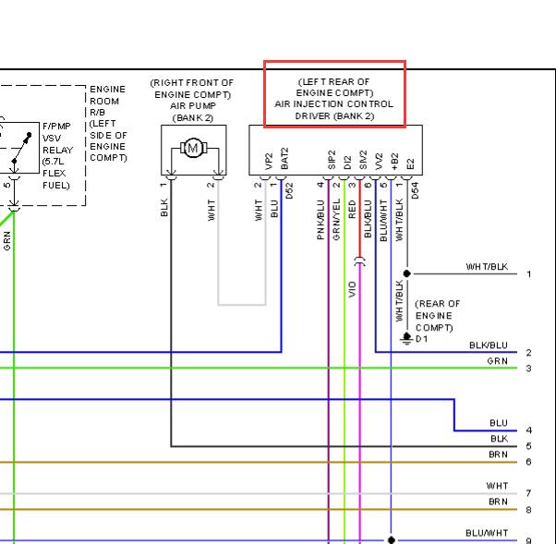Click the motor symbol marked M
(x=193, y=148)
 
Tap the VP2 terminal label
(x=269, y=162)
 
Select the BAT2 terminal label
(x=284, y=159)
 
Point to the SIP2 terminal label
(x=332, y=160)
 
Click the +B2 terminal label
(x=394, y=162)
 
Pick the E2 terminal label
(x=410, y=163)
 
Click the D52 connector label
(x=289, y=190)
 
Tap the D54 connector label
(x=415, y=190)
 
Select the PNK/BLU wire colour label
(x=320, y=220)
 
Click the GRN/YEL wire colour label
(x=336, y=219)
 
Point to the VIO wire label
(x=352, y=289)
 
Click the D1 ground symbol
(x=406, y=338)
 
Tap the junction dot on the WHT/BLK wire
(x=406, y=273)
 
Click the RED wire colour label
(x=352, y=209)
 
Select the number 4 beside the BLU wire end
(x=528, y=430)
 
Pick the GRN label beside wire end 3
(x=497, y=361)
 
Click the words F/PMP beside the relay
(x=56, y=127)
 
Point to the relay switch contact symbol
(x=21, y=148)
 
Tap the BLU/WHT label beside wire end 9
(x=487, y=533)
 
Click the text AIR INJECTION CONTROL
(x=333, y=104)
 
